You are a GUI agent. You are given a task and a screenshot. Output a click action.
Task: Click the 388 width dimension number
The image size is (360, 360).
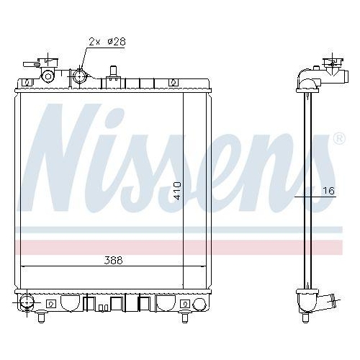(x=112, y=260)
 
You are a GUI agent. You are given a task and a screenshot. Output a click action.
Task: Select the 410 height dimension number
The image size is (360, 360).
(x=177, y=190)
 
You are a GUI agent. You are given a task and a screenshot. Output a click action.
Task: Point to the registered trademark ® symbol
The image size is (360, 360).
(x=339, y=138)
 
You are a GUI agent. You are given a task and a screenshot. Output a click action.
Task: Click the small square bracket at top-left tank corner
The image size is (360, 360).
(x=27, y=83)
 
